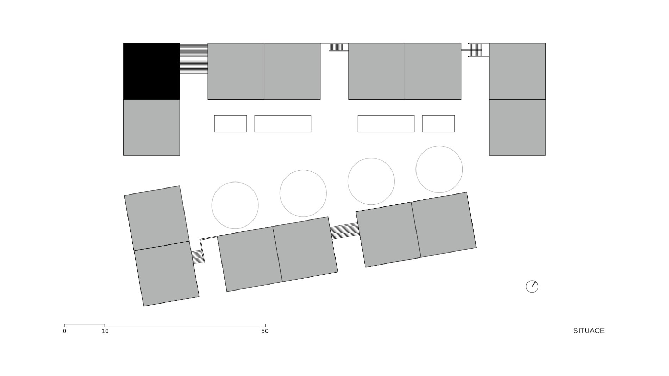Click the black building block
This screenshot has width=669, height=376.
coord(151,71)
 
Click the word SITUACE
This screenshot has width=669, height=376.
coord(589,331)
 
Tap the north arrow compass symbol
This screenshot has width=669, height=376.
coord(532,287)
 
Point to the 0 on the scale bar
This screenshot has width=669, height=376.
coord(64,331)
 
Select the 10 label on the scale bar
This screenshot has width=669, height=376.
coord(105,331)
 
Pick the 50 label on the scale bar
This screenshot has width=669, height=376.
coord(265,331)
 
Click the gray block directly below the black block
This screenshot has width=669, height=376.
coord(151,127)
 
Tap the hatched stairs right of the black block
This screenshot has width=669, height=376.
coord(194,58)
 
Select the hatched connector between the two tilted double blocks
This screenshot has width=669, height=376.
coord(344,231)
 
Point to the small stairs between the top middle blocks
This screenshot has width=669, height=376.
coord(336,47)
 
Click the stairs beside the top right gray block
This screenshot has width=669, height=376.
coord(475,50)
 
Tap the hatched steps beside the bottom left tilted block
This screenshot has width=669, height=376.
coord(198,257)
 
